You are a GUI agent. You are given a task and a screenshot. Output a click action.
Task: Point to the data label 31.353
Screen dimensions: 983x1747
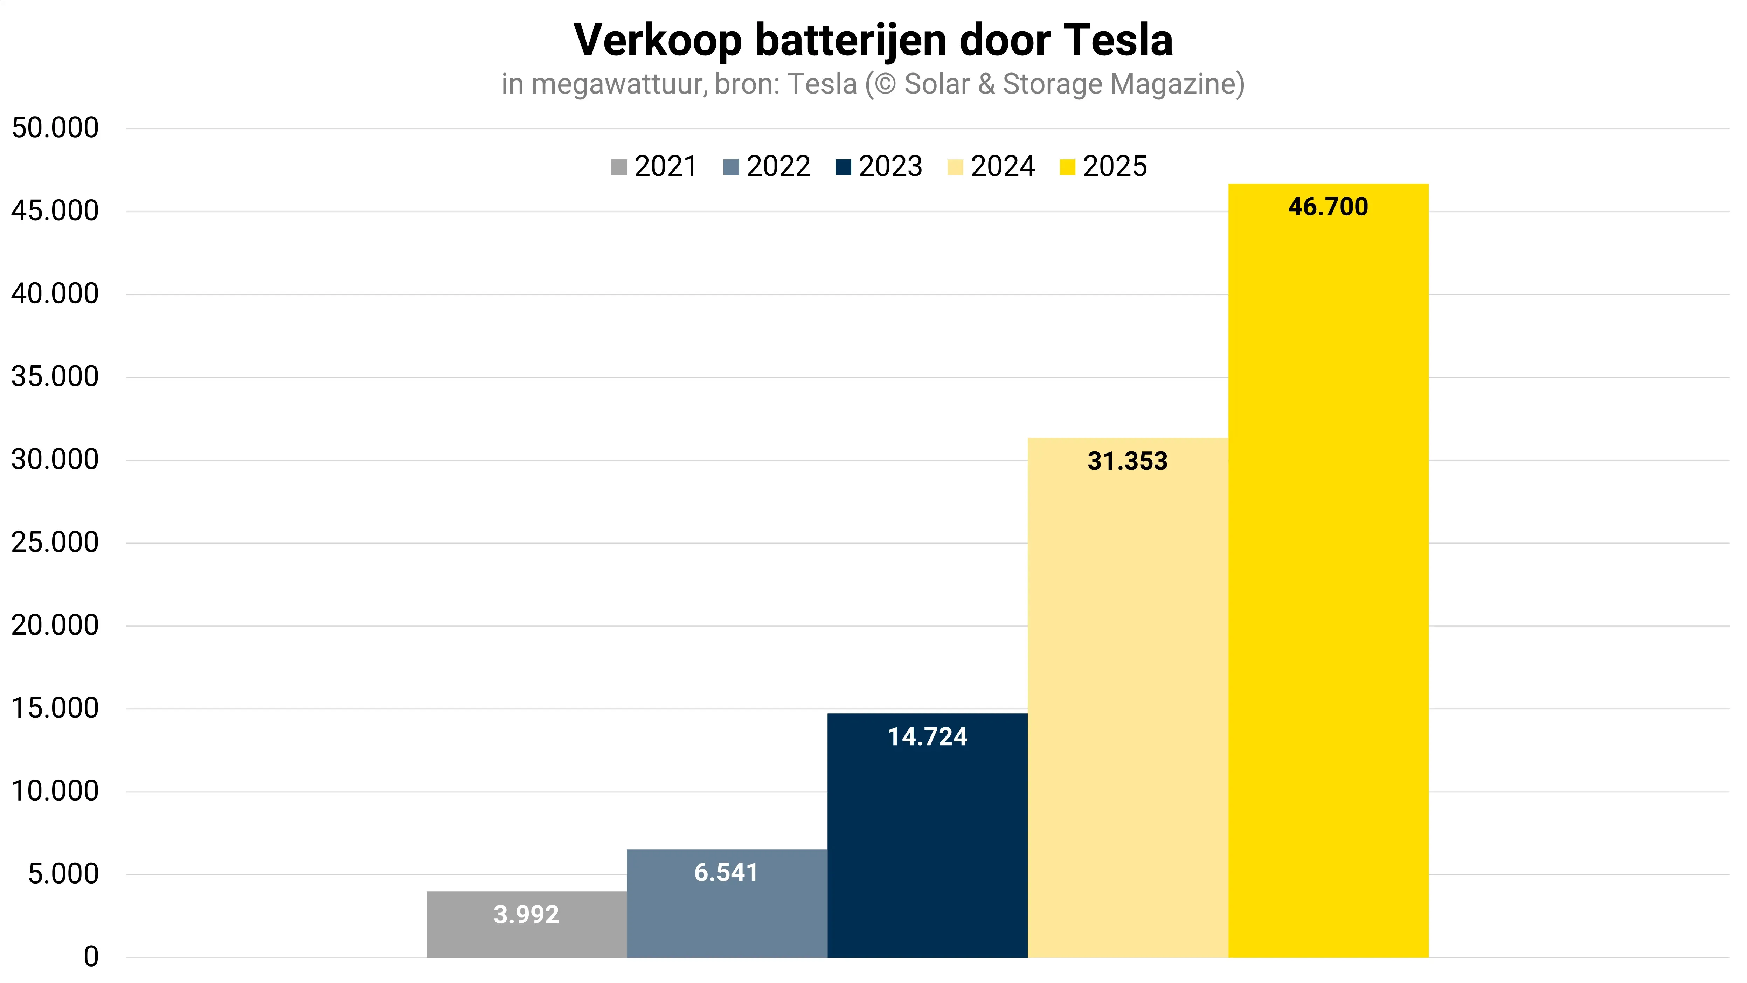click(1127, 461)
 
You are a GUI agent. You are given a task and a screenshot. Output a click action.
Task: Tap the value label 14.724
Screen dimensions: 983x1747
click(927, 737)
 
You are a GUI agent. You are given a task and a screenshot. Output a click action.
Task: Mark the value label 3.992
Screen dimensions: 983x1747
click(526, 914)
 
